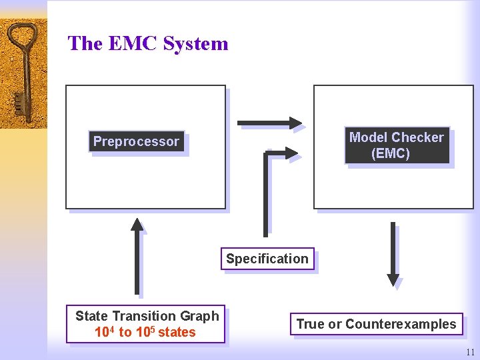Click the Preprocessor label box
(136, 141)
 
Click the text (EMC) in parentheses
(391, 153)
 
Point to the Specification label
(267, 259)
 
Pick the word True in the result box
(310, 324)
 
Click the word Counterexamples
(401, 324)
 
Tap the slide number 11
(471, 352)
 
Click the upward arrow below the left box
(137, 256)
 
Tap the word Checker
(419, 137)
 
